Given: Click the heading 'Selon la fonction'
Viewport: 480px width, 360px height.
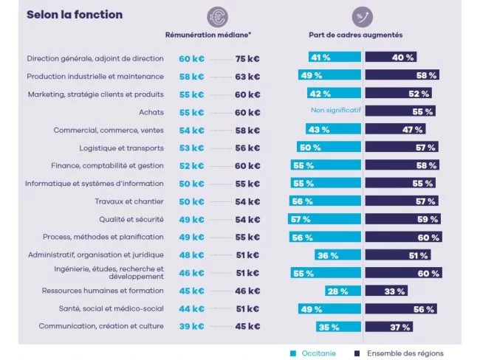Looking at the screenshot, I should click(x=75, y=15).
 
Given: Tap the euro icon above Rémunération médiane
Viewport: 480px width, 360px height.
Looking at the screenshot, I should click(x=217, y=16).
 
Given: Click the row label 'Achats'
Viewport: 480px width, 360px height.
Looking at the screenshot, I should click(x=151, y=112).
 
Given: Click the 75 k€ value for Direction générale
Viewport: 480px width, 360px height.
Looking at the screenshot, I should click(x=247, y=58).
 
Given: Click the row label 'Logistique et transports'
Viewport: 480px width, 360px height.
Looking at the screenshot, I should click(x=122, y=148).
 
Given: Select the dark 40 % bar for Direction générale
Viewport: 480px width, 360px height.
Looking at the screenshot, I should click(x=391, y=57).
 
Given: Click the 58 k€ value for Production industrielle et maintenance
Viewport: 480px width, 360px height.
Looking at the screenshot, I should click(x=191, y=76).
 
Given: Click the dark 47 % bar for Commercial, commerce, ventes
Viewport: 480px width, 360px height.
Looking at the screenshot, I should click(x=393, y=129).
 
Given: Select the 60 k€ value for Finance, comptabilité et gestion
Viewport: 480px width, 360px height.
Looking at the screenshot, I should click(x=247, y=166).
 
